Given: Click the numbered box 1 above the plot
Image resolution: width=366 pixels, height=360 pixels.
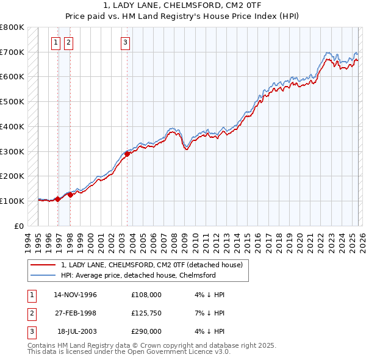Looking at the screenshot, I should [x=56, y=42].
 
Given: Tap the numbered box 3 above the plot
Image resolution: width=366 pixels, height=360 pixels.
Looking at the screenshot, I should [x=125, y=42].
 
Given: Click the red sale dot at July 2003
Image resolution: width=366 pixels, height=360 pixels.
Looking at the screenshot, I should [x=127, y=154].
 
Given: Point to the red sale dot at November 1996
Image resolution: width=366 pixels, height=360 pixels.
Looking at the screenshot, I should [x=57, y=199].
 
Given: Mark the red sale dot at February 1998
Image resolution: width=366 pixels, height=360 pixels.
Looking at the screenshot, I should [x=71, y=195].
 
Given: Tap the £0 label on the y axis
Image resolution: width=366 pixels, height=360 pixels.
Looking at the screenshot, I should [x=18, y=226].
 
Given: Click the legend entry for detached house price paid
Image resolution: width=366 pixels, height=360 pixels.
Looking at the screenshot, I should [x=152, y=265].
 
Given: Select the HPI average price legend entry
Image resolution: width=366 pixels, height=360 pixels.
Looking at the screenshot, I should [x=138, y=275].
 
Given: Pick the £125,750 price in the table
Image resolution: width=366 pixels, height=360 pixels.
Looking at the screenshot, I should [x=146, y=313].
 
